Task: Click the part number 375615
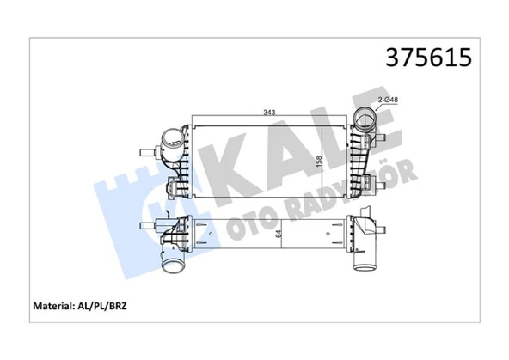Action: tap(428, 57)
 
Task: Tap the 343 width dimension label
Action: tap(269, 113)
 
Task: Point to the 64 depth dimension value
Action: tap(279, 234)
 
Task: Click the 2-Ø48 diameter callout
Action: tap(388, 100)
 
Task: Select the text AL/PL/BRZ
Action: tap(102, 306)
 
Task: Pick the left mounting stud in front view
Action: tap(148, 152)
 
